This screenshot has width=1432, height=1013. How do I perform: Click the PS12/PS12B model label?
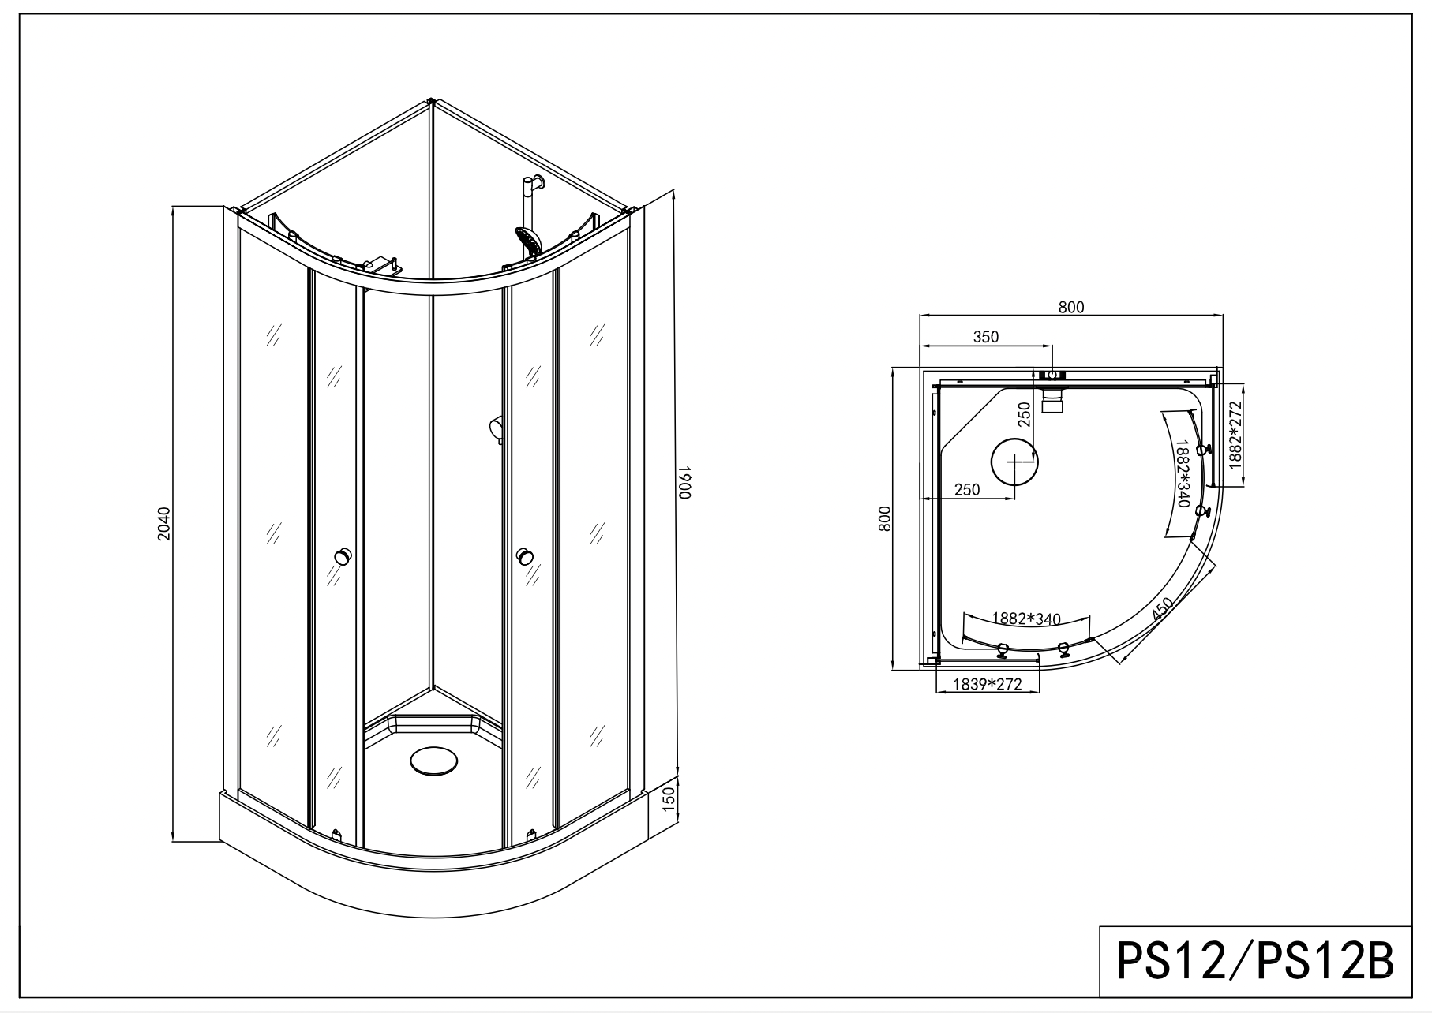[x=1254, y=963]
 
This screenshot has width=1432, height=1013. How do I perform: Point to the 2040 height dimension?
[x=163, y=524]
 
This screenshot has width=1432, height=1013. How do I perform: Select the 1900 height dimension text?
[x=684, y=481]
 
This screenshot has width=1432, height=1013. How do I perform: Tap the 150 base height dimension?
[x=668, y=798]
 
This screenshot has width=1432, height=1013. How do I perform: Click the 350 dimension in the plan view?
[x=985, y=337]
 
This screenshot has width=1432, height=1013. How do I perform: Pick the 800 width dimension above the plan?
[x=1070, y=307]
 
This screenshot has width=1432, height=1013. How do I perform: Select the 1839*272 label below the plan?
[x=987, y=685]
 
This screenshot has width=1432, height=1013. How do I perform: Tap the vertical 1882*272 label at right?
[x=1235, y=435]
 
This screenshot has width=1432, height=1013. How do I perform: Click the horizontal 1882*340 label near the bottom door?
[x=1025, y=619]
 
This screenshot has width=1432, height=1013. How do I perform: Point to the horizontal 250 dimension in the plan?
[x=966, y=490]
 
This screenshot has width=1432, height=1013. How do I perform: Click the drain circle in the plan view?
[x=1014, y=461]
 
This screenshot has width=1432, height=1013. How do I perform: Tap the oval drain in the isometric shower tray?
[x=433, y=762]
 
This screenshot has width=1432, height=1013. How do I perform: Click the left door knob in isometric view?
[x=343, y=555]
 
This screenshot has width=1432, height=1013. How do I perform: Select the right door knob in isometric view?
[x=525, y=557]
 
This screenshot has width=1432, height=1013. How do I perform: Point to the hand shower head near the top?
[x=527, y=241]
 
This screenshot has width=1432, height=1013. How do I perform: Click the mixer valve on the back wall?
[x=496, y=430]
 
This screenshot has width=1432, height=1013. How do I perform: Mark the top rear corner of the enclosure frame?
[x=431, y=101]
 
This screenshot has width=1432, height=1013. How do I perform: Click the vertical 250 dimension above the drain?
[x=1024, y=414]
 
